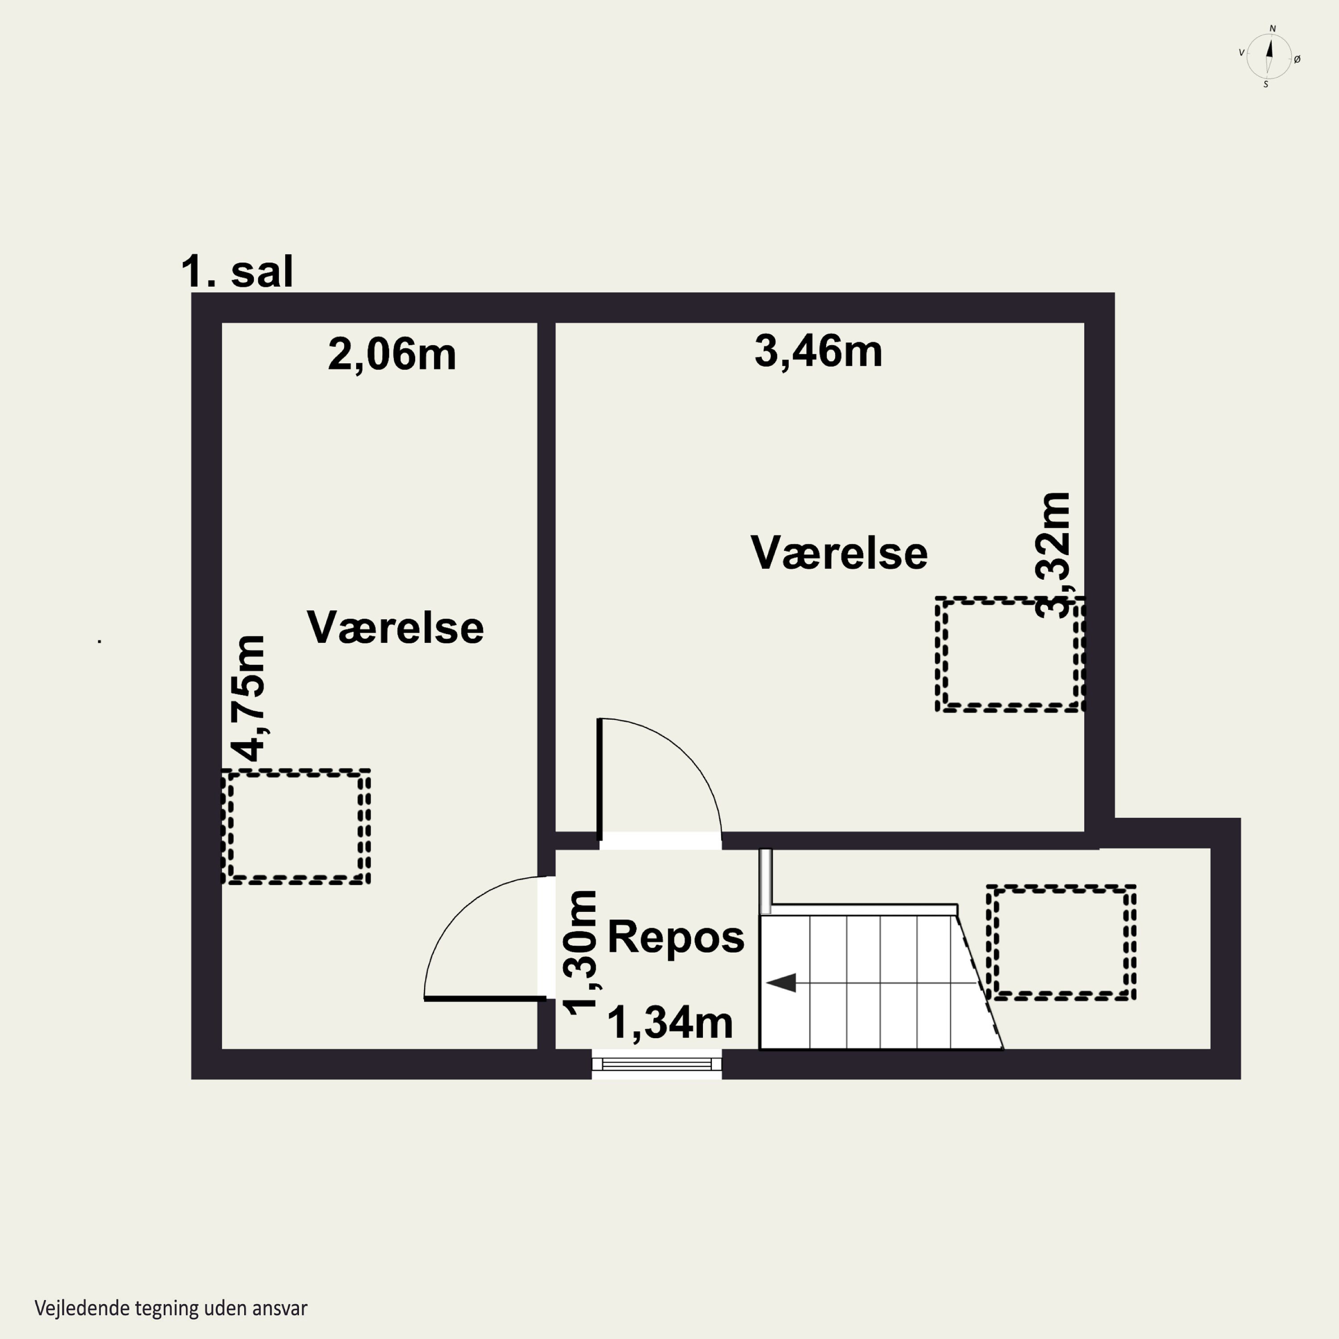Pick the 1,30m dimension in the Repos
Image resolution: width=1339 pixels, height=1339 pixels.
tap(579, 953)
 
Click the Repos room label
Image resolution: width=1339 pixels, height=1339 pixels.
tap(676, 937)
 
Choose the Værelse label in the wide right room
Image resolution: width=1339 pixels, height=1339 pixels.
tap(839, 553)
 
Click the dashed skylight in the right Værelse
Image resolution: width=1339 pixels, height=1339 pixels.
tap(1010, 653)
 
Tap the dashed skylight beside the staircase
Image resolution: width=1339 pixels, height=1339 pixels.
tap(1061, 943)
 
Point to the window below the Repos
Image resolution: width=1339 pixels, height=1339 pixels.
tap(656, 1065)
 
